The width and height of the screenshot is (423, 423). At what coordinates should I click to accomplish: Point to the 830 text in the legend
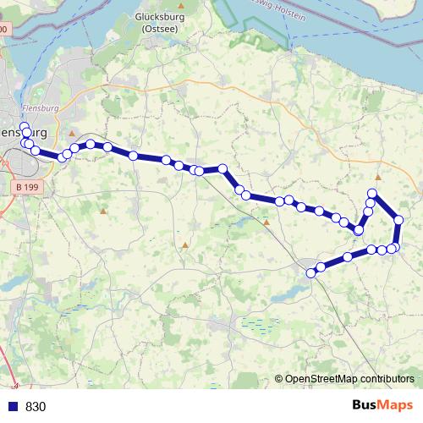click(x=36, y=406)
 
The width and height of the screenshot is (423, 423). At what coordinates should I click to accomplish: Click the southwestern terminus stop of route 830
click(x=310, y=272)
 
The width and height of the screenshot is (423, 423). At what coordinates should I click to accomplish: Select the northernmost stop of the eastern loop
click(x=371, y=195)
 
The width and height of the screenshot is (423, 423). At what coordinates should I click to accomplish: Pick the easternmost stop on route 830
click(x=398, y=220)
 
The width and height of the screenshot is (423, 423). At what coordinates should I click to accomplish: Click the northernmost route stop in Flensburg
click(x=24, y=126)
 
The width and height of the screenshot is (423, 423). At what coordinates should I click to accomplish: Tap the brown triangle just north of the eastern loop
click(x=378, y=178)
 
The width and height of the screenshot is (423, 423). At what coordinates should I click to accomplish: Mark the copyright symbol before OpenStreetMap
click(x=279, y=379)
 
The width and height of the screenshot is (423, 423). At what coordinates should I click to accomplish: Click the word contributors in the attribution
click(x=385, y=378)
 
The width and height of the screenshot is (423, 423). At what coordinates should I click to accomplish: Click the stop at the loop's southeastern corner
click(x=393, y=248)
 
